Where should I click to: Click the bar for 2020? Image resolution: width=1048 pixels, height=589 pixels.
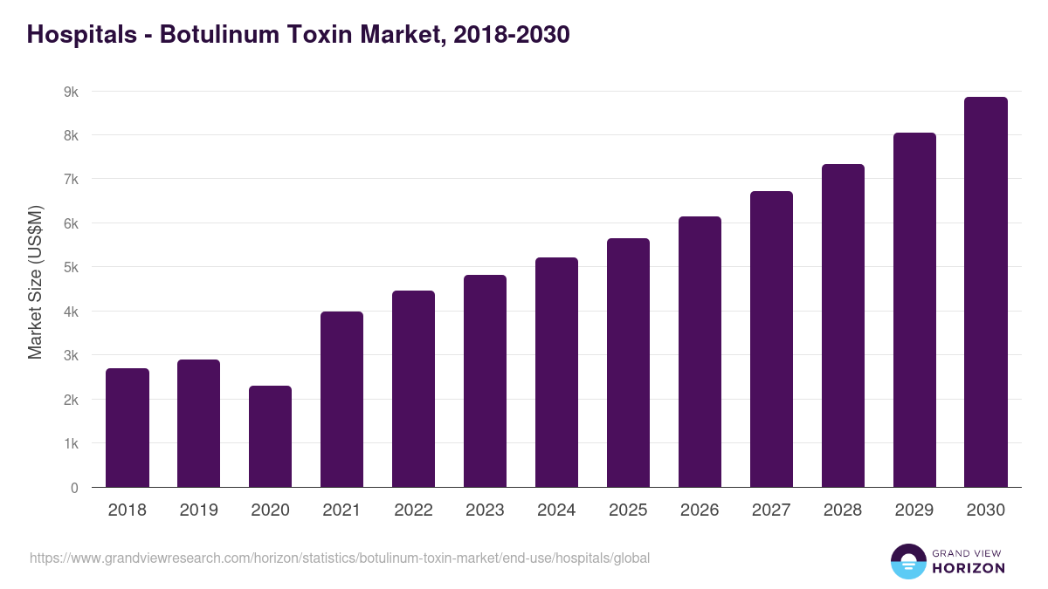[270, 436]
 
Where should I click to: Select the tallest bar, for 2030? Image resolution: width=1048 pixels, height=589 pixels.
[986, 292]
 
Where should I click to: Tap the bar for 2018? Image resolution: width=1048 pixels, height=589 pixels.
[128, 428]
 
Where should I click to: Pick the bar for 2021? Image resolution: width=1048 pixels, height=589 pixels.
[341, 400]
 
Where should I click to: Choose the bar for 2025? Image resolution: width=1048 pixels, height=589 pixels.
[628, 363]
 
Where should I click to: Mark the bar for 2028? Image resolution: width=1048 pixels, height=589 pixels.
[843, 325]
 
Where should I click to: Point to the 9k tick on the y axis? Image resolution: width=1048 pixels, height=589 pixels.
[71, 92]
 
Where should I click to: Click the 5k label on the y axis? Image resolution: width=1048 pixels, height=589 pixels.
[71, 268]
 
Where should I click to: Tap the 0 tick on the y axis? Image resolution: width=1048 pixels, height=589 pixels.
[74, 488]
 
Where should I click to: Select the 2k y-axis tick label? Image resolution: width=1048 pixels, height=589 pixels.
[71, 400]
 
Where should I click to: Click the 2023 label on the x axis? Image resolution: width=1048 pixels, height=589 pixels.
[485, 510]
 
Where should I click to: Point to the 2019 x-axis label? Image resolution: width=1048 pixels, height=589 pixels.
[198, 510]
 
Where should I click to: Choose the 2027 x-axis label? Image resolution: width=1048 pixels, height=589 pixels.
[771, 510]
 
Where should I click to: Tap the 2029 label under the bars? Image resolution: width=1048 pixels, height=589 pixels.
[914, 510]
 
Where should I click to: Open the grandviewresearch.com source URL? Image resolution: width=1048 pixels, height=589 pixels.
[340, 558]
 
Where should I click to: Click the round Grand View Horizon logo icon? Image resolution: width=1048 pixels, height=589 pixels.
[908, 561]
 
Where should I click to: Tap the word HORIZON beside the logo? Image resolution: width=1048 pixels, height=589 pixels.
[969, 568]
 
